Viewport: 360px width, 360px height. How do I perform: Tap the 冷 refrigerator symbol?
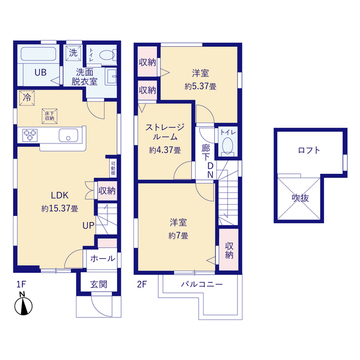click(26, 99)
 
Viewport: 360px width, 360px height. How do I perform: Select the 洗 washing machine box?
click(72, 53)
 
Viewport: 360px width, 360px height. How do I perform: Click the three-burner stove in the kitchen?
click(26, 135)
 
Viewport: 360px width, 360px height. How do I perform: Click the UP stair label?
click(89, 225)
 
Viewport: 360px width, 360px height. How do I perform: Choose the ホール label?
click(102, 258)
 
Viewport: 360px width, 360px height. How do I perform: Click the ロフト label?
click(309, 150)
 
